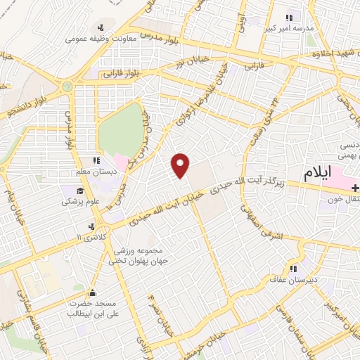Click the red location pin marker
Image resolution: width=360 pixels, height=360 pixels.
click(181, 165)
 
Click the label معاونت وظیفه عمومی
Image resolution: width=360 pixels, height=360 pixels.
click(100, 39)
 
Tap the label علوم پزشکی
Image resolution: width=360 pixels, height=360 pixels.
click(80, 201)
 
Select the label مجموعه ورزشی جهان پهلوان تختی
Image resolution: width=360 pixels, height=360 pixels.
click(136, 256)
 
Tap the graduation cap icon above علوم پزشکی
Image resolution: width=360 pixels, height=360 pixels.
click(80, 190)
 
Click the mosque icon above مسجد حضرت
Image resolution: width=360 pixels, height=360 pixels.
click(91, 294)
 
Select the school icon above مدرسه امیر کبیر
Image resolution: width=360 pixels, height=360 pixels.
click(288, 18)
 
